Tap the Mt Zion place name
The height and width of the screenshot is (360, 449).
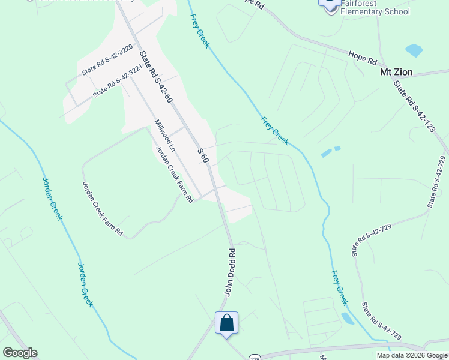tap(396, 72)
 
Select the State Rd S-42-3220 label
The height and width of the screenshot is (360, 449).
tap(107, 61)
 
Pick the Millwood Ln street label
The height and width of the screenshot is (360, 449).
tap(164, 135)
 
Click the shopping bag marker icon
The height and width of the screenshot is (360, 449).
tap(227, 323)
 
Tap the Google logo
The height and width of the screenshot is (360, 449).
tap(20, 353)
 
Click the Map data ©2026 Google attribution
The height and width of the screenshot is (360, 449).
tap(411, 355)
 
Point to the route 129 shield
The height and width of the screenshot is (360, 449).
tap(255, 356)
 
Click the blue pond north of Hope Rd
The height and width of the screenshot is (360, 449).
tap(414, 50)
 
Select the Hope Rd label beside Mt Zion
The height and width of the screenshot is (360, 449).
tap(363, 58)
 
